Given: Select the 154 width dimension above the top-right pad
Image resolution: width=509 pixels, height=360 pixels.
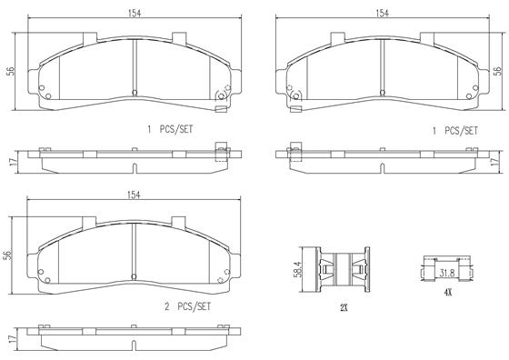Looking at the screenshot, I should click(x=382, y=13).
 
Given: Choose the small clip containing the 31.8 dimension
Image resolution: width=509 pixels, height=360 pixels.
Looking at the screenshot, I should click(x=446, y=269).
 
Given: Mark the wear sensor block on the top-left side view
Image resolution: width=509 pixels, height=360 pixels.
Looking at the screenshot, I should click(x=219, y=152).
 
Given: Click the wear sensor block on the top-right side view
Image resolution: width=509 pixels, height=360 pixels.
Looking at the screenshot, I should click(x=294, y=152).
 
